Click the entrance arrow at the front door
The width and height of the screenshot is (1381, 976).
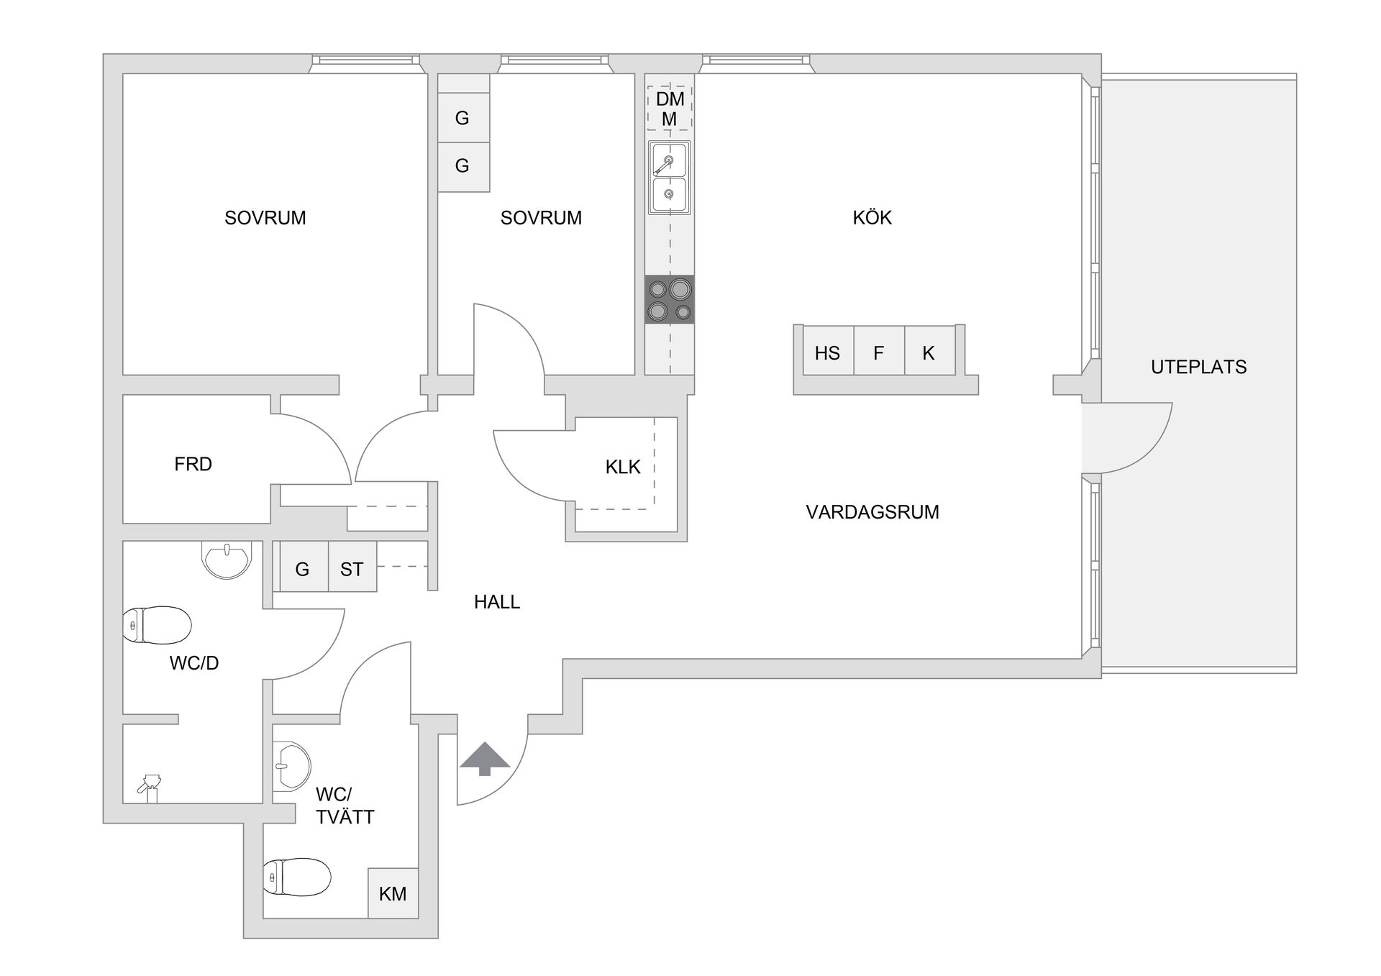click(485, 758)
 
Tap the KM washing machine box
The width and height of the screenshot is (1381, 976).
click(393, 893)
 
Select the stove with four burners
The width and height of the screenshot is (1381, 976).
click(669, 299)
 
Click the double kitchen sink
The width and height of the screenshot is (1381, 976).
click(669, 178)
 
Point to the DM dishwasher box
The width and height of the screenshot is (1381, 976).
click(669, 108)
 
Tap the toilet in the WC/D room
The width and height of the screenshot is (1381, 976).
click(157, 625)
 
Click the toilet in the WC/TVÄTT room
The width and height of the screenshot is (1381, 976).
click(296, 877)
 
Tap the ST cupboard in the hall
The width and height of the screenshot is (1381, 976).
click(352, 568)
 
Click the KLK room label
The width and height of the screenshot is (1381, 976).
click(622, 467)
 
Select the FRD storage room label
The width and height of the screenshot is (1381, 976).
click(193, 464)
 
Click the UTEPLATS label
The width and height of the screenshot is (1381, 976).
click(1198, 367)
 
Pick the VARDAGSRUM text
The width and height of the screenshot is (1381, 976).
click(872, 512)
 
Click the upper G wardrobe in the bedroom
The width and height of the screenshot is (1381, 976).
click(462, 117)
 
